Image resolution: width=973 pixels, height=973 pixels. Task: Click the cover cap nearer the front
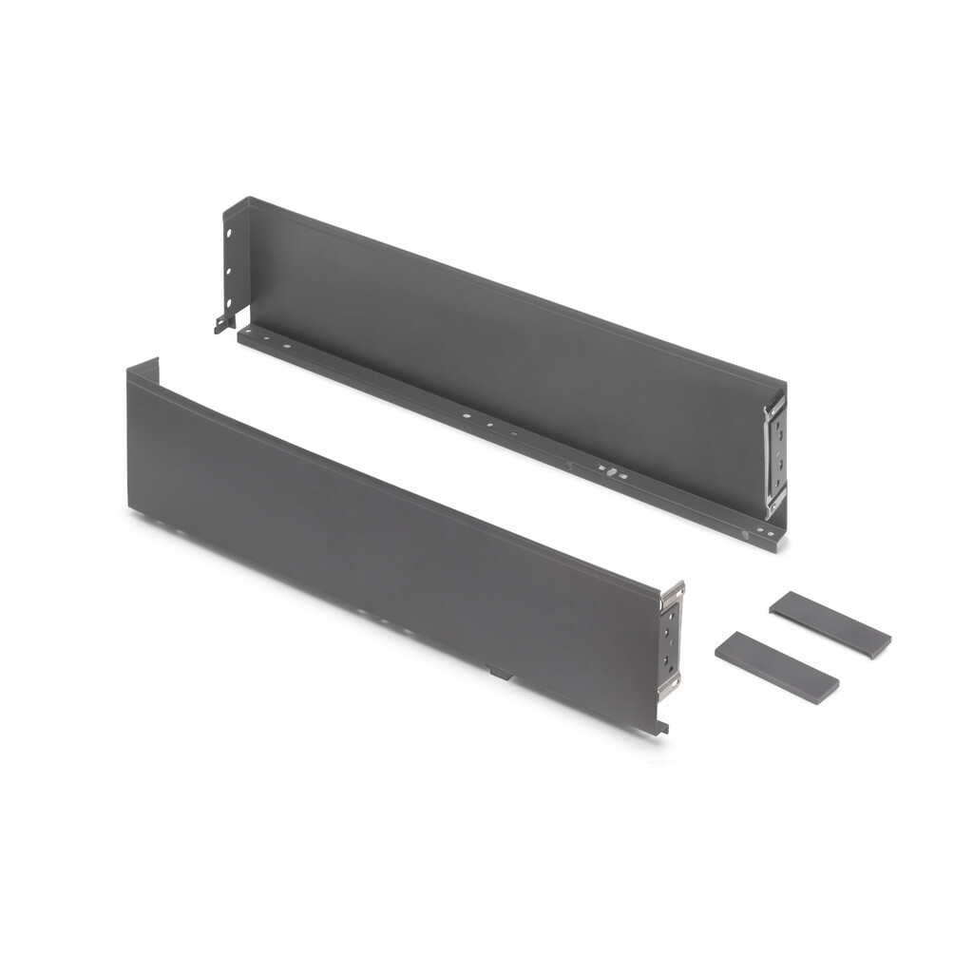775,668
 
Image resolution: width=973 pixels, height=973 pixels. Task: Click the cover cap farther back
830,624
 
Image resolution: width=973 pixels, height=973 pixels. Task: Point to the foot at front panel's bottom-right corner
661,727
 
